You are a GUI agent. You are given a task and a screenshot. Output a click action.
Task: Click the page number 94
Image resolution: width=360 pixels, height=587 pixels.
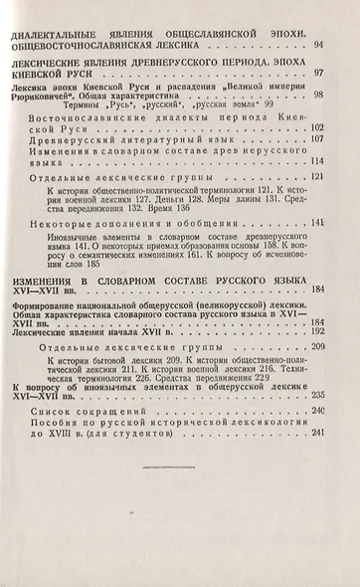point(317,46)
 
